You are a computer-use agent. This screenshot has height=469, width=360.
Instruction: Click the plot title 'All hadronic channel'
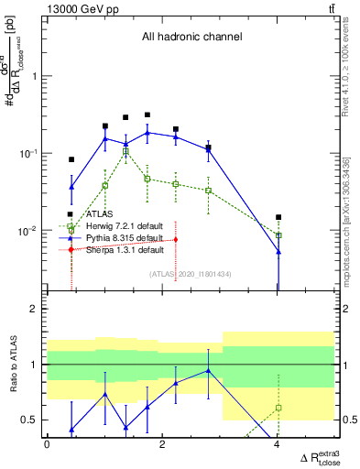pyautogui.click(x=191, y=38)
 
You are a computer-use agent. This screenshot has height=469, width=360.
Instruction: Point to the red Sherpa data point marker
pyautogui.click(x=176, y=239)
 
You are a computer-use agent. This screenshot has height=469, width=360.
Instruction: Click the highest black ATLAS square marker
pyautogui.click(x=147, y=115)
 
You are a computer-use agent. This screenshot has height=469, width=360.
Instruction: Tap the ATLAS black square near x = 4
pyautogui.click(x=278, y=217)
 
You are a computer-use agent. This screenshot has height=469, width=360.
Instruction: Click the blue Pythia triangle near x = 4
pyautogui.click(x=278, y=251)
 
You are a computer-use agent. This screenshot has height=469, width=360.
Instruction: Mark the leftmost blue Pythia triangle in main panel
pyautogui.click(x=71, y=187)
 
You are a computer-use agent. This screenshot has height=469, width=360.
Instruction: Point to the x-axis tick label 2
pyautogui.click(x=162, y=444)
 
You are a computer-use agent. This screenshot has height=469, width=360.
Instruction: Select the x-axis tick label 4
pyautogui.click(x=278, y=444)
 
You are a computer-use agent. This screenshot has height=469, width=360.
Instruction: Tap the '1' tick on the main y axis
pyautogui.click(x=34, y=76)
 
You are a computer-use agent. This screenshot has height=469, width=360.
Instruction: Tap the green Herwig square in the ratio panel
pyautogui.click(x=278, y=407)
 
